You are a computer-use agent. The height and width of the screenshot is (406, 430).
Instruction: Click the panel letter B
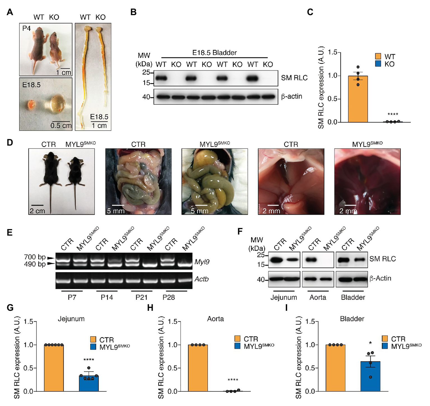pos(134,12)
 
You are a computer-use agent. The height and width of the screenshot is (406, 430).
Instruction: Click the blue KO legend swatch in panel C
pos(378,64)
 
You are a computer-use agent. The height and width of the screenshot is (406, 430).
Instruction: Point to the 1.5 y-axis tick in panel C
pos(332,52)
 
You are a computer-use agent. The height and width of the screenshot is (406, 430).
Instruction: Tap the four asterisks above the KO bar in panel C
pos(393,114)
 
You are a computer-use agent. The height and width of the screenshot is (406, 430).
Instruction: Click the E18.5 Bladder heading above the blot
pos(214,53)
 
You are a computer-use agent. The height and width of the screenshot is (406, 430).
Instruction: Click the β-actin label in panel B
pos(292,96)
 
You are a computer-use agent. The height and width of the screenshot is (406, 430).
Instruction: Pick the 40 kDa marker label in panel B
pos(146,97)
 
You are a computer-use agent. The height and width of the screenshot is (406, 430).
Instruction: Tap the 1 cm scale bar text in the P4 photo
pos(64,73)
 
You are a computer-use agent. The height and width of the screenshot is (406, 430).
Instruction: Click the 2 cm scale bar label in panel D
pos(37,211)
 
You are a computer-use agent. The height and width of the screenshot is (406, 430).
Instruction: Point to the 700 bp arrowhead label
pos(35,257)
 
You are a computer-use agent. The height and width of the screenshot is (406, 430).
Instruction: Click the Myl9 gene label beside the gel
pos(202,262)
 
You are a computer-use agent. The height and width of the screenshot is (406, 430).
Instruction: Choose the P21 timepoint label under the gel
pos(141,297)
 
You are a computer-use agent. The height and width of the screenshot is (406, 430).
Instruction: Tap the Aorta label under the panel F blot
pos(318,297)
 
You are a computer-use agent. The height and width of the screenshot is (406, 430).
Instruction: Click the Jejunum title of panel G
pos(71,319)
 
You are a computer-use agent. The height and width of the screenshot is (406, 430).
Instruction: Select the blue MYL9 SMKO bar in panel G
pos(89,383)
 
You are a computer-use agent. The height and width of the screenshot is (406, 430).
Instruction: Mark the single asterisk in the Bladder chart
pos(370,343)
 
